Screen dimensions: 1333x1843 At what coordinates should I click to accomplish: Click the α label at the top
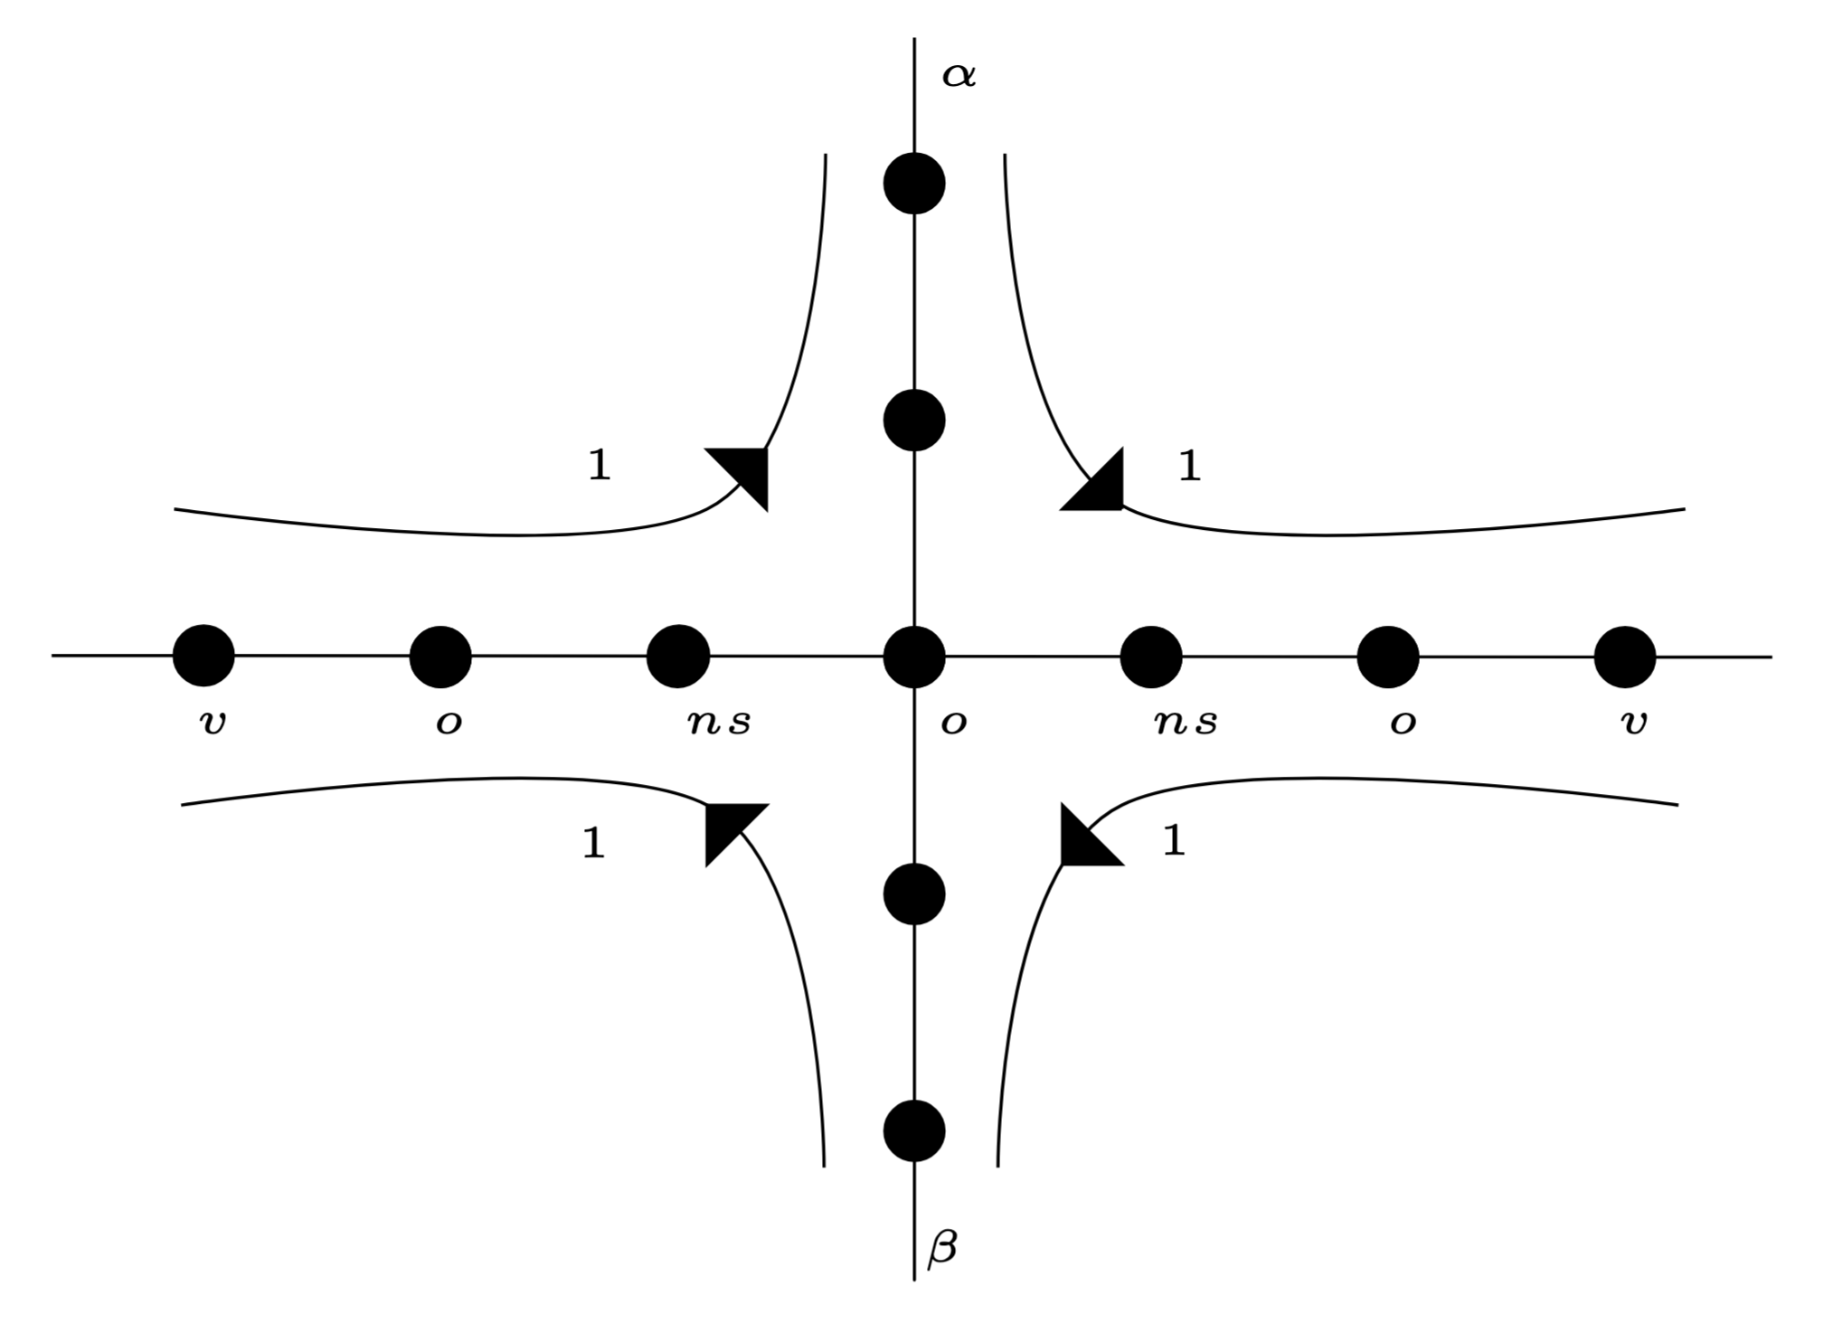pos(959,75)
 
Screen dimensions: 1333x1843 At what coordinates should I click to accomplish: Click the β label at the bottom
pos(941,1248)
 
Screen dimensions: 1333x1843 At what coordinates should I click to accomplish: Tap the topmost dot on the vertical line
pos(914,184)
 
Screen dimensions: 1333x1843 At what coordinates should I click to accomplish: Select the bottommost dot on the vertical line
pos(914,1131)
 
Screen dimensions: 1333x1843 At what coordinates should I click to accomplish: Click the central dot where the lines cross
pos(914,657)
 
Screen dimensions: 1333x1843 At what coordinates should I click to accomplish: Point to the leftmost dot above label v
pos(203,656)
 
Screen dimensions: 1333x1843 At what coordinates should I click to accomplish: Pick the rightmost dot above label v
pos(1625,657)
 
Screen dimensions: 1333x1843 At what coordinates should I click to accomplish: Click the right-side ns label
pos(1186,723)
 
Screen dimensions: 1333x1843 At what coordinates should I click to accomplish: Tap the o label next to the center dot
pos(953,723)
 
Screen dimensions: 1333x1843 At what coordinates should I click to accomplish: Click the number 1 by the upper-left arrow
pos(599,466)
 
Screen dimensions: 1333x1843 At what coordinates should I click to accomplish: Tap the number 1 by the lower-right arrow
pos(1173,841)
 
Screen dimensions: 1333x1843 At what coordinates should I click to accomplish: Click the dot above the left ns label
pos(678,657)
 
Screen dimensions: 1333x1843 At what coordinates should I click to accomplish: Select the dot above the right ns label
pos(1151,657)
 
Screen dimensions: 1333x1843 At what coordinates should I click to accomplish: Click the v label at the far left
pos(212,723)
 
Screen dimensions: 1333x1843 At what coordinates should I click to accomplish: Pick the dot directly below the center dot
pos(914,894)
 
